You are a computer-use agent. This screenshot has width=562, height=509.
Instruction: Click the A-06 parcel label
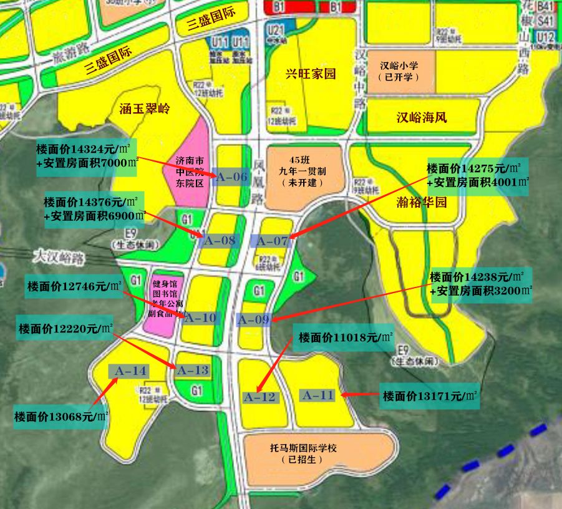click(x=230, y=177)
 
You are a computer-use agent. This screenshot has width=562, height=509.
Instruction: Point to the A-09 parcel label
click(x=254, y=320)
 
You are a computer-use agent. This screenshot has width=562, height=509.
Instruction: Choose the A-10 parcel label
click(x=201, y=318)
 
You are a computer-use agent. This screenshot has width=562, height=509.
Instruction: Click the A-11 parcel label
click(x=318, y=395)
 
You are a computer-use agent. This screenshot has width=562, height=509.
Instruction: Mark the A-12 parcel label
click(x=259, y=397)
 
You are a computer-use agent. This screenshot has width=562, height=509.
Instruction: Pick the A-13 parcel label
click(x=193, y=371)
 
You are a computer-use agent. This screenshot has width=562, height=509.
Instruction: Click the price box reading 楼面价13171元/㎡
click(x=430, y=396)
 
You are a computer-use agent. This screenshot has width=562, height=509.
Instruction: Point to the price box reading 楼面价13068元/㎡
click(x=62, y=416)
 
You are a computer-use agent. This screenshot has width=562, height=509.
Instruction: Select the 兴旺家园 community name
click(x=311, y=74)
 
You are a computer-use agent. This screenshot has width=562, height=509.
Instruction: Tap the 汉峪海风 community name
click(x=422, y=117)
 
